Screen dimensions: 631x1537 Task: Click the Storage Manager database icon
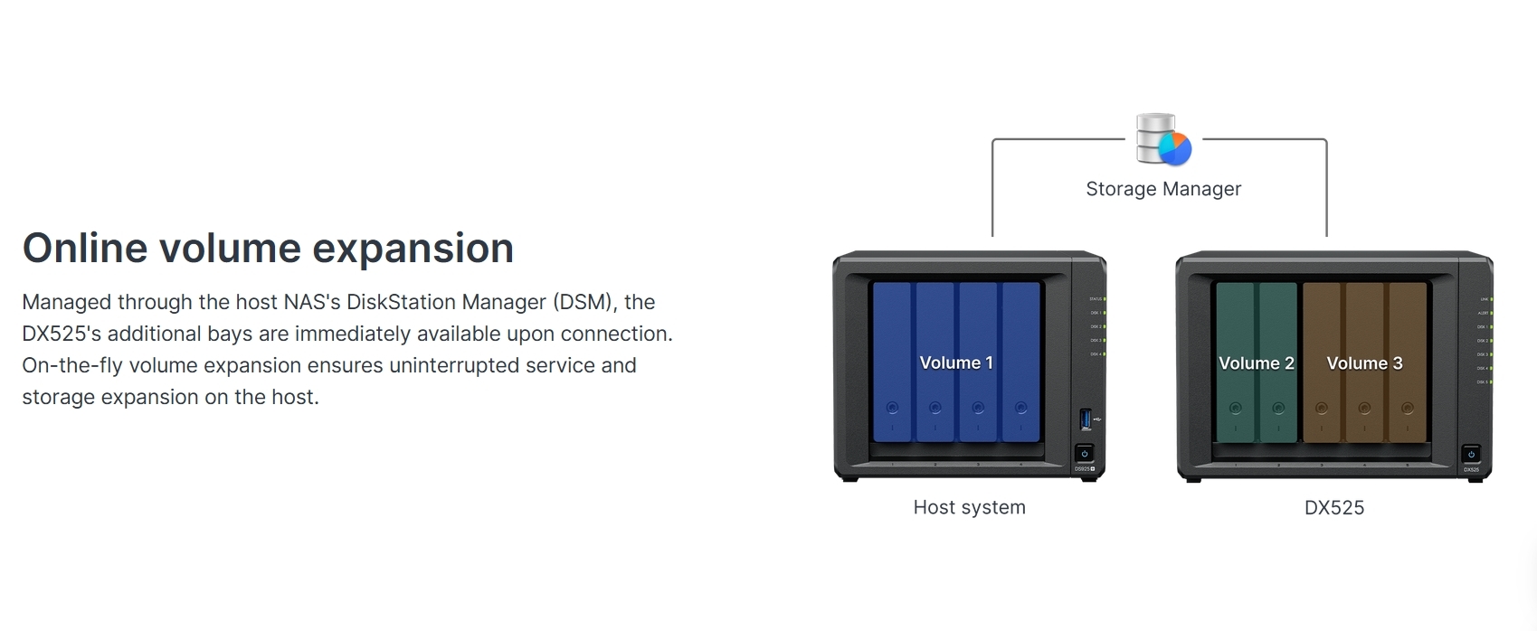1163,140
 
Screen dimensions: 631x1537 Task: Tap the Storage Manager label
1163,189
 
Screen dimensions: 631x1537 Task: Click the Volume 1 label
956,363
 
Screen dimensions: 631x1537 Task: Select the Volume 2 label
1256,363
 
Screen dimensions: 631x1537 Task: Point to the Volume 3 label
1364,363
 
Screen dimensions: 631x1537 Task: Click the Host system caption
969,507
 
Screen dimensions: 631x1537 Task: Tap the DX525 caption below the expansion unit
1333,508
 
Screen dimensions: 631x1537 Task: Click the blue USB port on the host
1085,419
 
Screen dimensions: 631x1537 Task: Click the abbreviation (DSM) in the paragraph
585,302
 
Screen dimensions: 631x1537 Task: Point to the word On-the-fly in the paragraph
71,365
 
